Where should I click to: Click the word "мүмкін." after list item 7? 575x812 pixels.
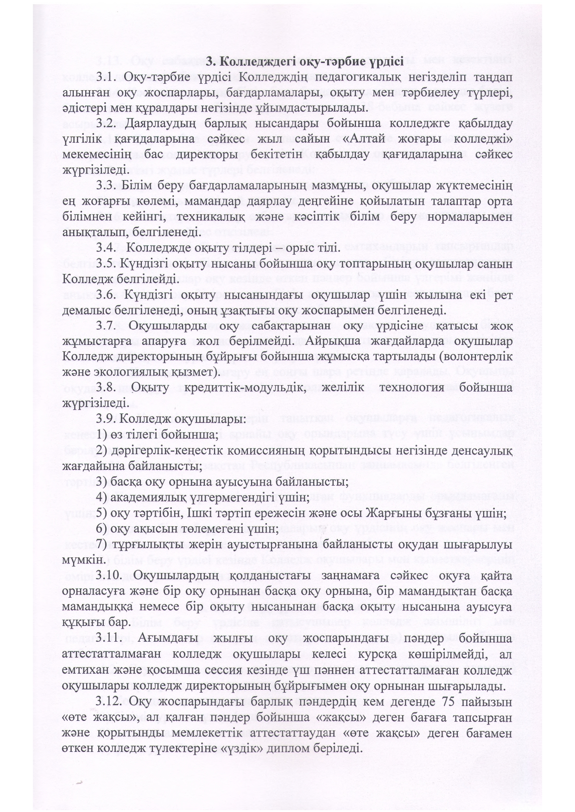[x=81, y=560]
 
